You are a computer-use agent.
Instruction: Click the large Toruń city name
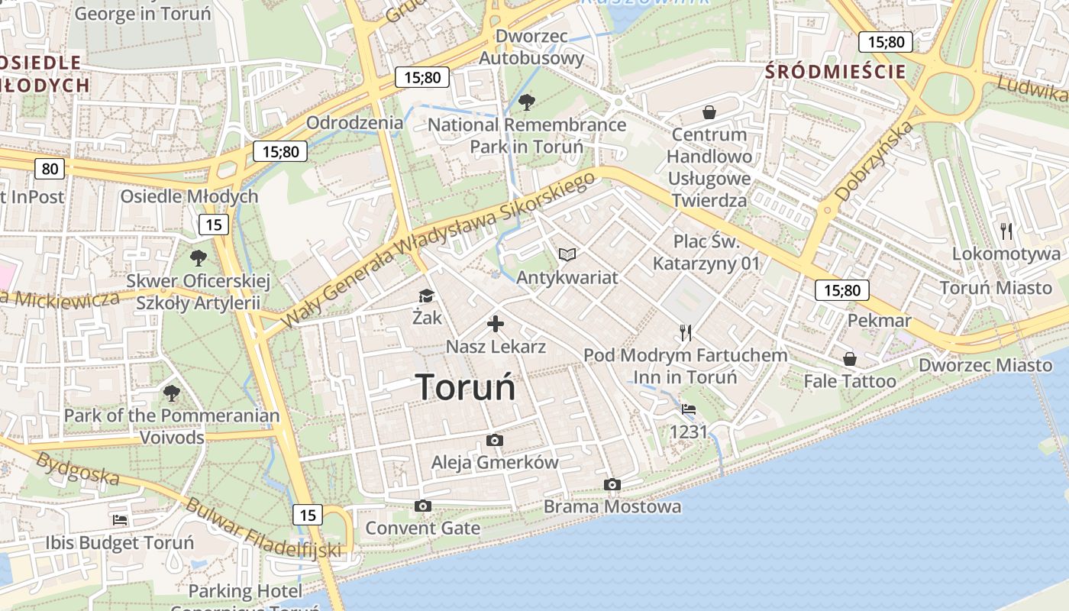coord(465,387)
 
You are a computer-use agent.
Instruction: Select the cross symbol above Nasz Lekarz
coord(496,324)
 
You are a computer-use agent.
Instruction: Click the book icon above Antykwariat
coord(567,254)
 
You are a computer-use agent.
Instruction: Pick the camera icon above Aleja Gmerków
coord(495,441)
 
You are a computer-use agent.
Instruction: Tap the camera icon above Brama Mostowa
coord(612,485)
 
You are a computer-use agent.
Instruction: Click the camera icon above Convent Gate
coord(422,506)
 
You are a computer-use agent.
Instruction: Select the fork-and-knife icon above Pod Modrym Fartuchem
coord(685,332)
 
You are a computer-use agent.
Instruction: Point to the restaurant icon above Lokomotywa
coord(1006,231)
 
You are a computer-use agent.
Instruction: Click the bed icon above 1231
coord(689,409)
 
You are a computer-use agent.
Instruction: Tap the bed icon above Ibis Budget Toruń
coord(120,520)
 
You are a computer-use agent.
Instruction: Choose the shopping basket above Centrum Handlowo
coord(709,113)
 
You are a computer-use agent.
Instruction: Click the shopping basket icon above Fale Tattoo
coord(849,359)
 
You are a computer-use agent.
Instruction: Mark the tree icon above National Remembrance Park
coord(526,102)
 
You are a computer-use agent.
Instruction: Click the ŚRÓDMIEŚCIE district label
coord(835,73)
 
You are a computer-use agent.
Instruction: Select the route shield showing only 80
coord(50,169)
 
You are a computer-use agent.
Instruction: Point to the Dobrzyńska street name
coord(874,161)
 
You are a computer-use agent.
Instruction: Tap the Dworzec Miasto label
coord(985,365)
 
